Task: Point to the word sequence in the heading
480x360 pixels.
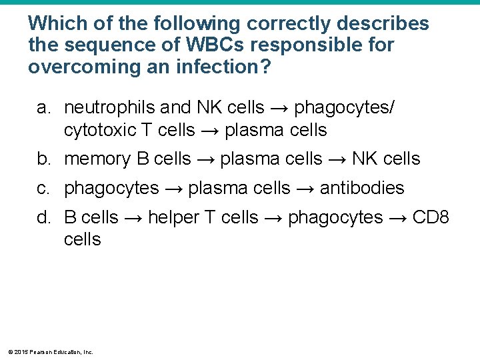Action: tap(91, 45)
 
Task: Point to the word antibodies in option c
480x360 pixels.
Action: tap(362, 189)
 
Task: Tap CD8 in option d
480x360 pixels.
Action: tap(431, 217)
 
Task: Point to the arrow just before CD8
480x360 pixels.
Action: tap(401, 218)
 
